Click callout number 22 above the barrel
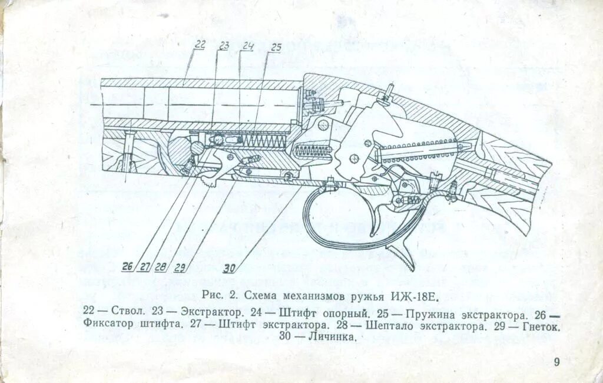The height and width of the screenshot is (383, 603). pos(200,44)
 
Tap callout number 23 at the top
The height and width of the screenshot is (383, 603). pos(224,45)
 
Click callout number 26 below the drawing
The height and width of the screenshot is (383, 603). pos(128,266)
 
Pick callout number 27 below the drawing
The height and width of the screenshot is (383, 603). pos(145,267)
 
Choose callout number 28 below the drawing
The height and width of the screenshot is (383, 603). pos(161,267)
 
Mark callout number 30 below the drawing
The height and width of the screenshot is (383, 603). pos(230,268)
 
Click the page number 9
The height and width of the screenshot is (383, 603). pos(556,362)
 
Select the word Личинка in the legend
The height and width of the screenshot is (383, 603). pos(334,338)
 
